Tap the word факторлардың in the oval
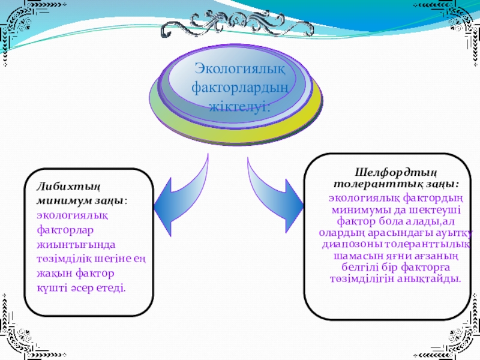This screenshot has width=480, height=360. pyautogui.click(x=240, y=89)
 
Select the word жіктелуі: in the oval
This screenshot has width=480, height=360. pyautogui.click(x=239, y=107)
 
